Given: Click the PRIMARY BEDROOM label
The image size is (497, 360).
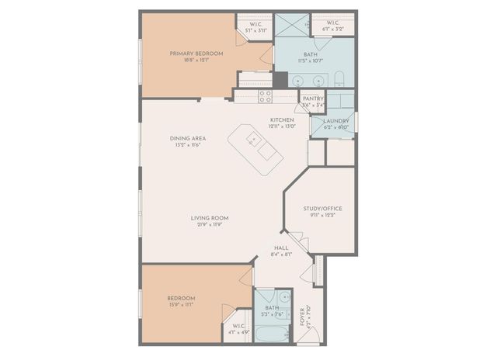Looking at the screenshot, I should pyautogui.click(x=196, y=54).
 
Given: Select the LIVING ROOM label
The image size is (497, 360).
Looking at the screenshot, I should pyautogui.click(x=209, y=218).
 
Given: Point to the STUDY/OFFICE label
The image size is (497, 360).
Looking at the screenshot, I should pyautogui.click(x=322, y=209).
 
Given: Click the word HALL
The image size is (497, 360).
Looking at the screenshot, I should pyautogui.click(x=281, y=247).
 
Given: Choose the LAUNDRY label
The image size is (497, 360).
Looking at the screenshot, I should pyautogui.click(x=335, y=121).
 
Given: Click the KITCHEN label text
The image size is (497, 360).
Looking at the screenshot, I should pyautogui.click(x=281, y=119).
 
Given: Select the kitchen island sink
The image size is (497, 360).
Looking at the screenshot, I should pyautogui.click(x=253, y=140).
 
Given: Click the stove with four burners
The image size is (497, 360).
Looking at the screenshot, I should pyautogui.click(x=265, y=96).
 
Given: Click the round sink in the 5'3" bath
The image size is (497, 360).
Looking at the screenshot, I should pyautogui.click(x=284, y=297).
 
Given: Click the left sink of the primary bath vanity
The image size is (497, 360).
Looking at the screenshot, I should pyautogui.click(x=301, y=79).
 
